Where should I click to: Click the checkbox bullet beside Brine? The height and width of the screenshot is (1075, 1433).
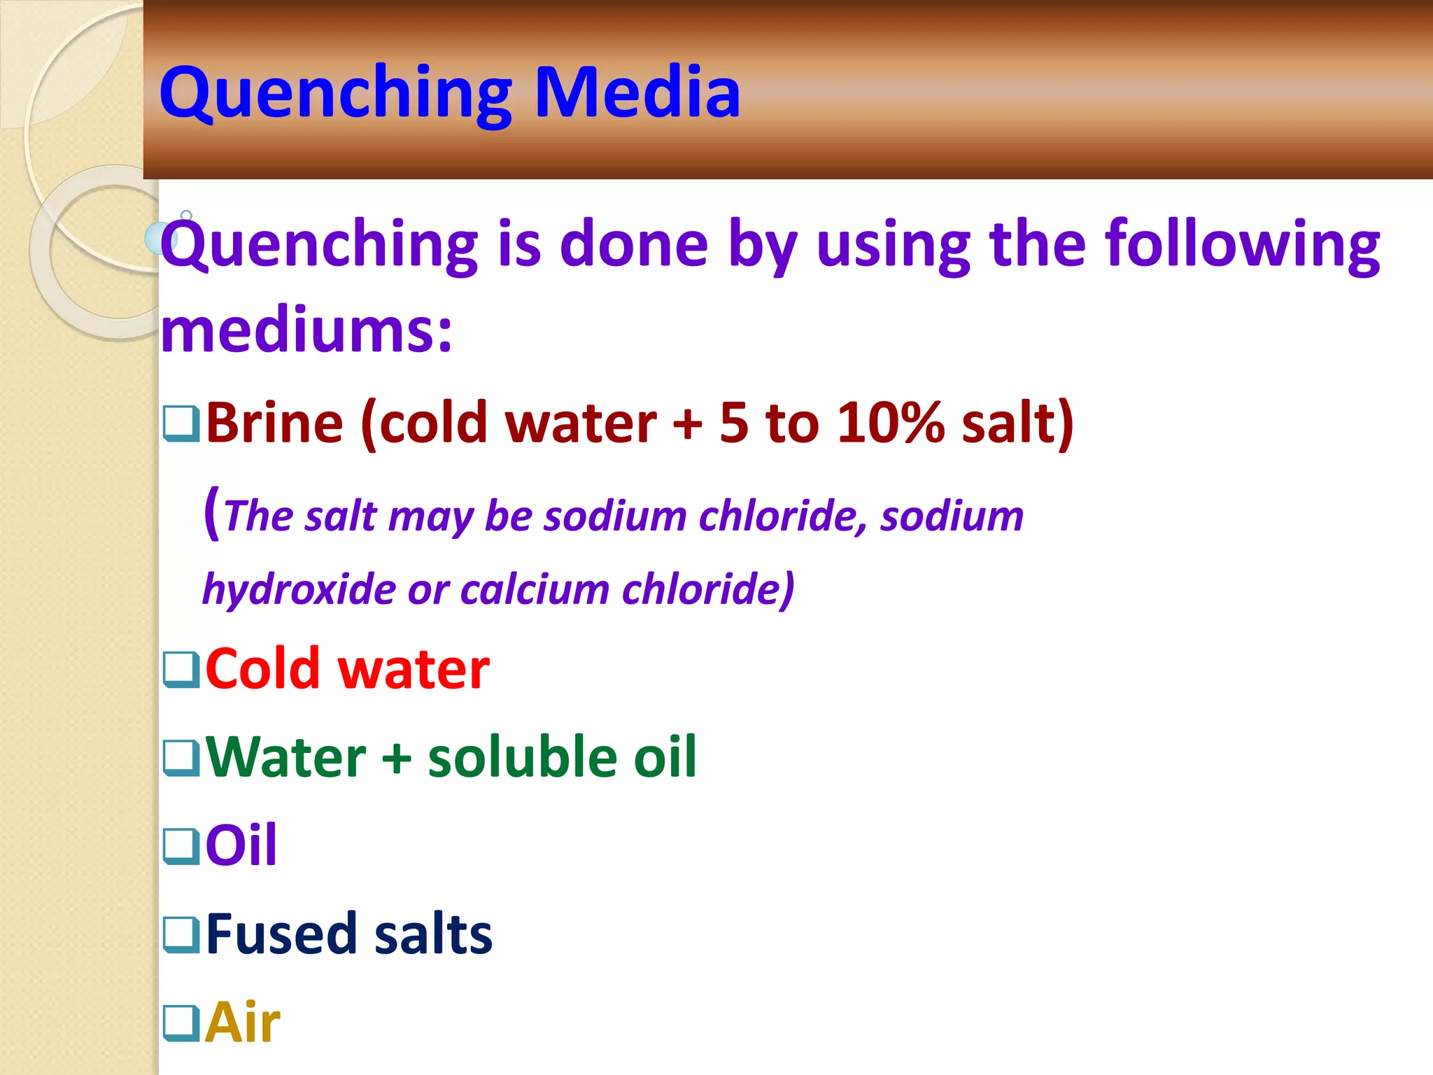181,423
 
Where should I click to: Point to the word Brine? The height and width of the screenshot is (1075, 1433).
274,423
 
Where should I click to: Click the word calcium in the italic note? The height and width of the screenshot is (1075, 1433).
535,589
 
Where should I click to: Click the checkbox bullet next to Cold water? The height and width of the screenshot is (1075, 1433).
181,670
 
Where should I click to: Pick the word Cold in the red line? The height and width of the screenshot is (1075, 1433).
262,670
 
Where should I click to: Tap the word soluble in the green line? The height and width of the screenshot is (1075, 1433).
523,757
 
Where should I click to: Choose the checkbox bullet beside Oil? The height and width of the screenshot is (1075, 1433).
181,845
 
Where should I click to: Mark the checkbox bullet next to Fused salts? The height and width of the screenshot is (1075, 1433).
181,934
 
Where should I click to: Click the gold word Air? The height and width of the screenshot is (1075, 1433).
243,1023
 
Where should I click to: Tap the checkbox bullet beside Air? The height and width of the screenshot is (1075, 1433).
181,1023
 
